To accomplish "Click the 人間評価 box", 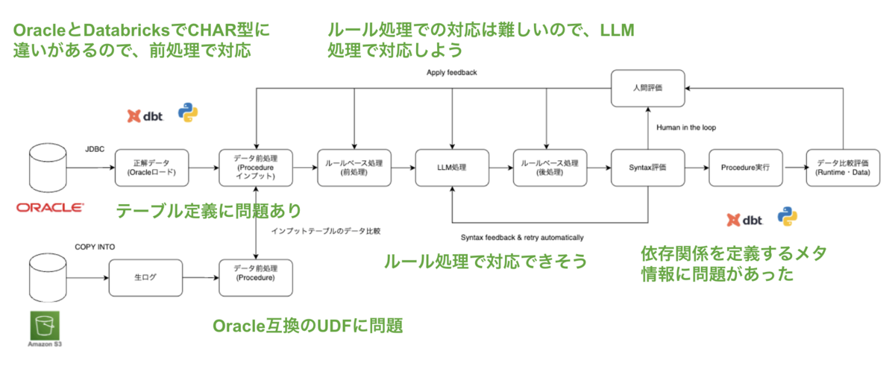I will coord(647,88).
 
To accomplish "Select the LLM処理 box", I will coord(453,168).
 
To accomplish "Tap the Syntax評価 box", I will coord(647,168).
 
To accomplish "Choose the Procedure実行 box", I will coord(744,168).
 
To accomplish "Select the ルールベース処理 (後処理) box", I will coord(550,168).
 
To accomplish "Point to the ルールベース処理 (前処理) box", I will coord(355,168).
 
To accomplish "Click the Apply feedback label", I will coord(451,72).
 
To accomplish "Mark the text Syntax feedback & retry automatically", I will coord(522,238).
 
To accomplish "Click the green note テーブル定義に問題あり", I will coord(207,211).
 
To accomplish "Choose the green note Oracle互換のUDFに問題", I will coord(308,326).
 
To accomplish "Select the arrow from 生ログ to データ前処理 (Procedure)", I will coord(201,278).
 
